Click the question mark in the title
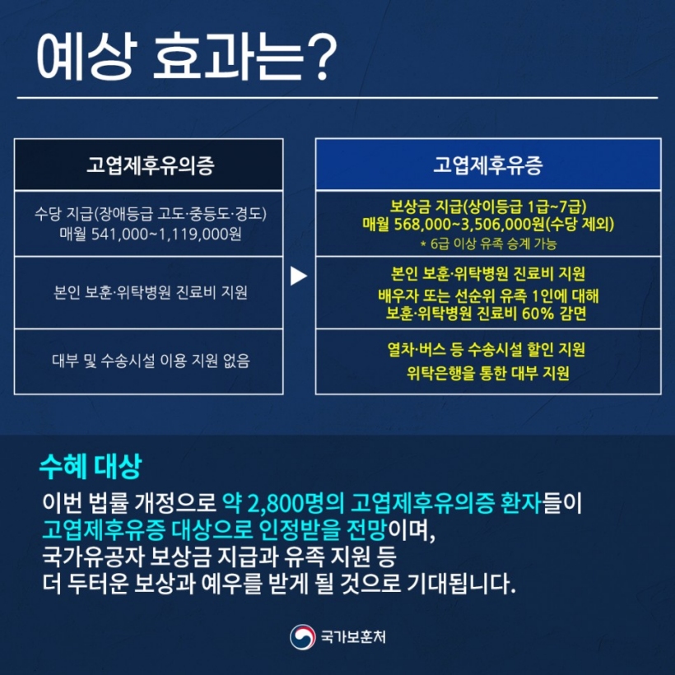point(319,58)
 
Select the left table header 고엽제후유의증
point(151,165)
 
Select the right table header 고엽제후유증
point(488,165)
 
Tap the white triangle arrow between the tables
point(298,276)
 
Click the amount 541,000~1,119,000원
point(166,234)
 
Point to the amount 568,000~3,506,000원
point(469,224)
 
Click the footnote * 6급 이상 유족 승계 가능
point(488,244)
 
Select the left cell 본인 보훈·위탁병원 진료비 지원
point(151,293)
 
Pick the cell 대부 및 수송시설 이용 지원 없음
point(151,361)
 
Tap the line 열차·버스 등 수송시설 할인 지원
point(486,350)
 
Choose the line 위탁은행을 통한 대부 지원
point(488,373)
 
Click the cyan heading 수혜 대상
point(91,466)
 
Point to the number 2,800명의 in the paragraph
point(296,503)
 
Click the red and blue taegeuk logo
point(302,636)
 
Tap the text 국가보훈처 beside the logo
point(353,636)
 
